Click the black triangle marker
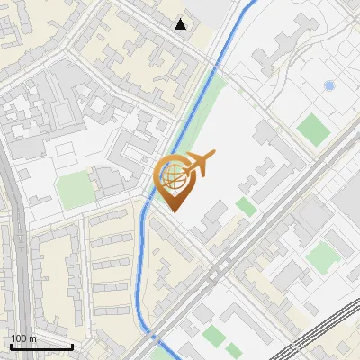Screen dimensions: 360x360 [181, 24]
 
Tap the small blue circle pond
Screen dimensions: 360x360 [328, 85]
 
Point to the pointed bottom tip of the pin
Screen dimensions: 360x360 [171, 211]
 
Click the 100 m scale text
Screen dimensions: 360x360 [23, 338]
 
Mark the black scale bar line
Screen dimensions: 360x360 [41, 346]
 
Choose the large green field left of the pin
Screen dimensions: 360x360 [75, 191]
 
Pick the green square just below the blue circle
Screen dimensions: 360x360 [314, 128]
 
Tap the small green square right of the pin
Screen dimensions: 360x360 [246, 207]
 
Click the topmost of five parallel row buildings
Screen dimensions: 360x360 [111, 221]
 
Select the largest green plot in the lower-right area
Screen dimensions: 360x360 [321, 257]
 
